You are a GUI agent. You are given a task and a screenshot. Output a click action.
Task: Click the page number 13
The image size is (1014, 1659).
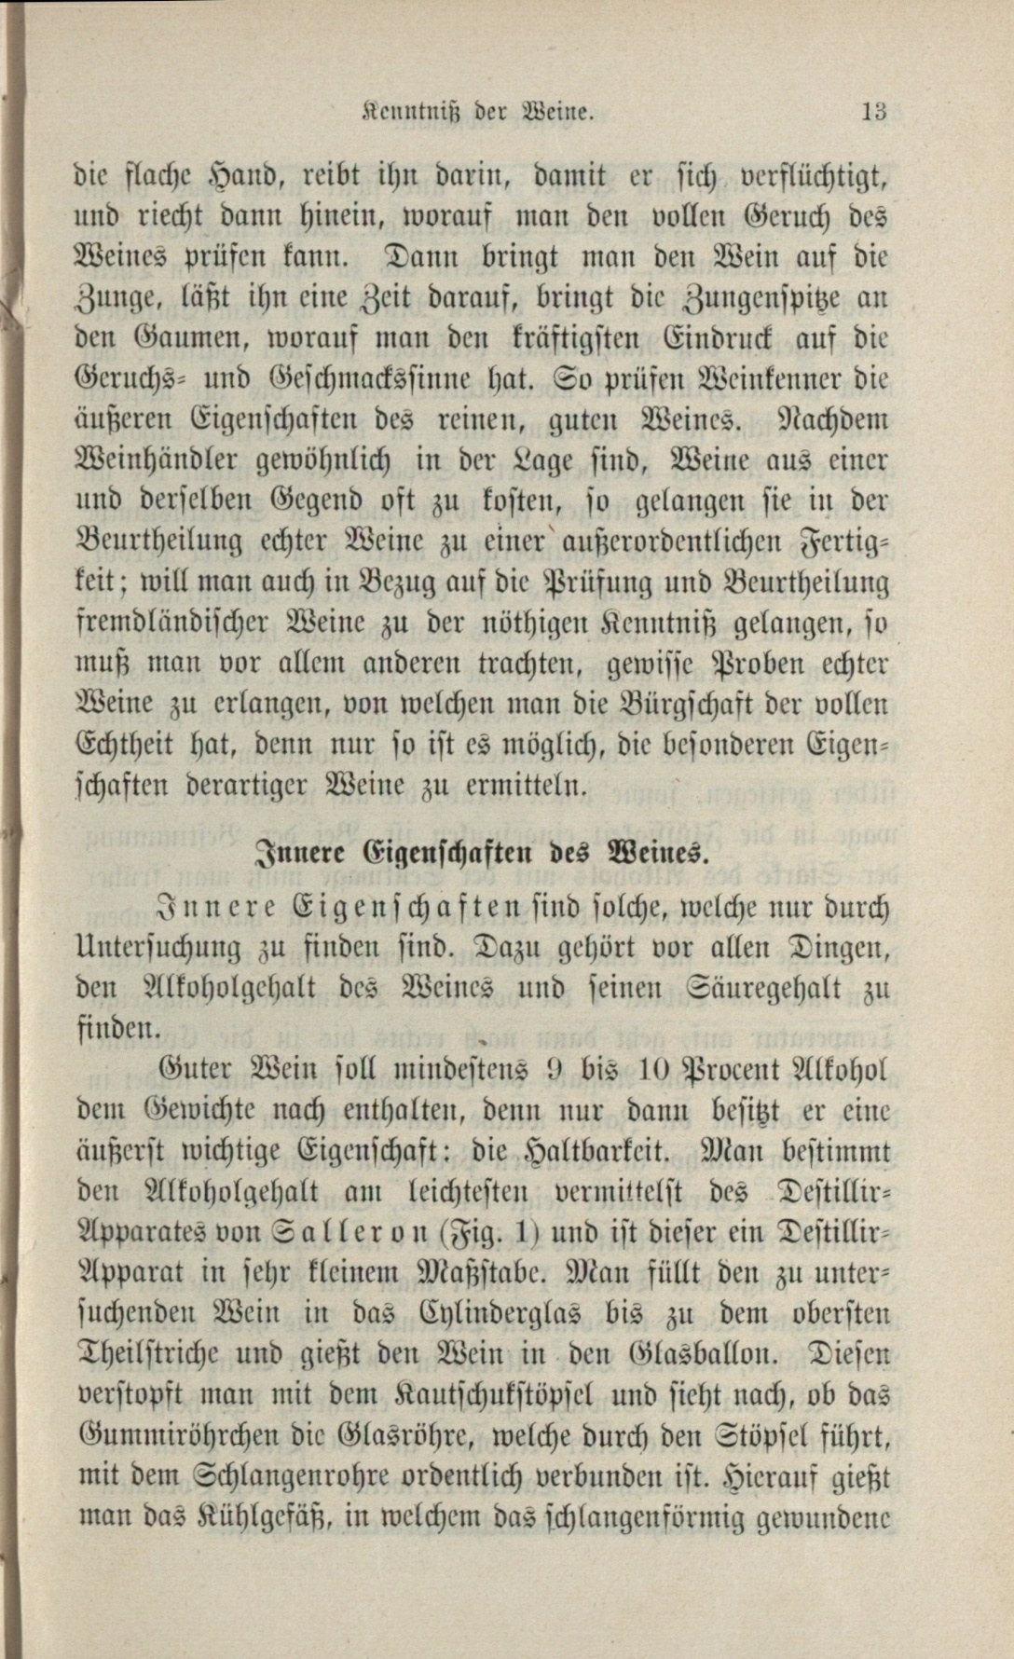tap(873, 113)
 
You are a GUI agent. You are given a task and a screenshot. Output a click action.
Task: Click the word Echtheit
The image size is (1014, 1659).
tap(128, 746)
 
